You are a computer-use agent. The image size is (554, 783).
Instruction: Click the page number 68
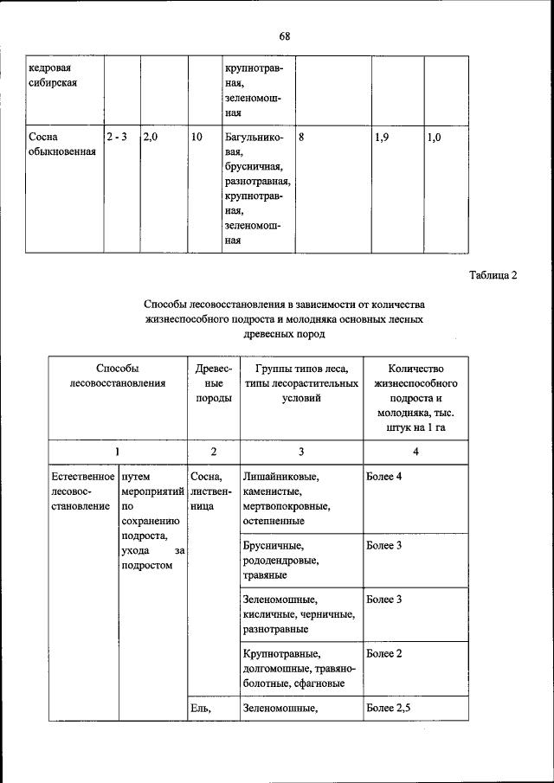pyautogui.click(x=284, y=36)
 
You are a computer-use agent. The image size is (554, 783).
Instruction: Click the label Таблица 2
pyautogui.click(x=493, y=276)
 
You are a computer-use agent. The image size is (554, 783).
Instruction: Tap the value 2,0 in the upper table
pyautogui.click(x=150, y=137)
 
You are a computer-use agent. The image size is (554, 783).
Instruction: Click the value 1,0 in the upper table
pyautogui.click(x=435, y=137)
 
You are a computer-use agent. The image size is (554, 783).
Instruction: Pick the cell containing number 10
pyautogui.click(x=197, y=137)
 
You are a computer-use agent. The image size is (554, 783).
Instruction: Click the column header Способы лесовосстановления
pyautogui.click(x=117, y=375)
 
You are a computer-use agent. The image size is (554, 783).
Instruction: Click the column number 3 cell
pyautogui.click(x=300, y=451)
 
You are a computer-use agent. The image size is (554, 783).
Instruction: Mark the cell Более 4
pyautogui.click(x=384, y=477)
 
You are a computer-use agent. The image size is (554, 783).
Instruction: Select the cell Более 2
pyautogui.click(x=384, y=653)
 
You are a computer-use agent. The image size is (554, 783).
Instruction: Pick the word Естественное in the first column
pyautogui.click(x=83, y=477)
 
